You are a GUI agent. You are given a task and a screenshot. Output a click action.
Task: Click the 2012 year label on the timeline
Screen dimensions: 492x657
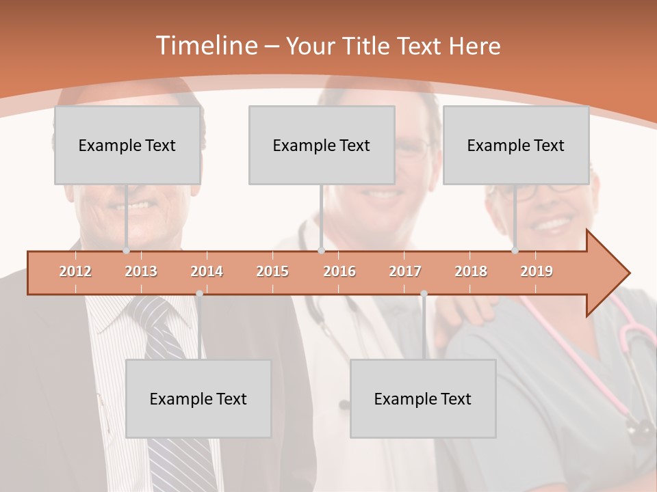point(75,271)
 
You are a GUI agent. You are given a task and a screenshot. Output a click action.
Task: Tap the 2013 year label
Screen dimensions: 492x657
point(141,271)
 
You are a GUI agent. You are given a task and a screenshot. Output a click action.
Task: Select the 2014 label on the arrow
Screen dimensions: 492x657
point(207,271)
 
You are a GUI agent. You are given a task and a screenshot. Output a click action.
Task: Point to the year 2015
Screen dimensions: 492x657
point(272,271)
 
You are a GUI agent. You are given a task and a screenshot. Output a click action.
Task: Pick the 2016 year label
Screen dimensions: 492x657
point(339,271)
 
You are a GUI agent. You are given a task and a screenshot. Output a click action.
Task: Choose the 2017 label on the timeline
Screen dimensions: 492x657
point(405,271)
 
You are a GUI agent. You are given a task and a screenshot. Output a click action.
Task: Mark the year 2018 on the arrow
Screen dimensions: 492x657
point(471,271)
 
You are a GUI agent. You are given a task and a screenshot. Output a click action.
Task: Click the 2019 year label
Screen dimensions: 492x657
point(537,271)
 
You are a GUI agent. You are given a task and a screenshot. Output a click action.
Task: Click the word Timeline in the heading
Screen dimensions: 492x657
point(205,46)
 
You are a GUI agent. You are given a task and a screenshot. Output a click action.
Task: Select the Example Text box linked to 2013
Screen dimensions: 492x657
point(127,145)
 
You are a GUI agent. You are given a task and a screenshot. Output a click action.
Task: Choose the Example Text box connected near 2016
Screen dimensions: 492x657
point(322,145)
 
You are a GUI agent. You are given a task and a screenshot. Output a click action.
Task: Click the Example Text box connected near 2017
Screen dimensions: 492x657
point(423,398)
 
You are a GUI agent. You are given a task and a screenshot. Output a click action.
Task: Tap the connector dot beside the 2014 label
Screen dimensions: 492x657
point(199,293)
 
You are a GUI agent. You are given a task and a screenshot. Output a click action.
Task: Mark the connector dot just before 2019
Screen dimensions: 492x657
point(515,250)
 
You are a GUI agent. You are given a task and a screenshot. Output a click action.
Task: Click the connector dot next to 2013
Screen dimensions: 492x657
point(126,250)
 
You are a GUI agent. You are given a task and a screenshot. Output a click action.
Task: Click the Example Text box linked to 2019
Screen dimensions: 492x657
point(516,145)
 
